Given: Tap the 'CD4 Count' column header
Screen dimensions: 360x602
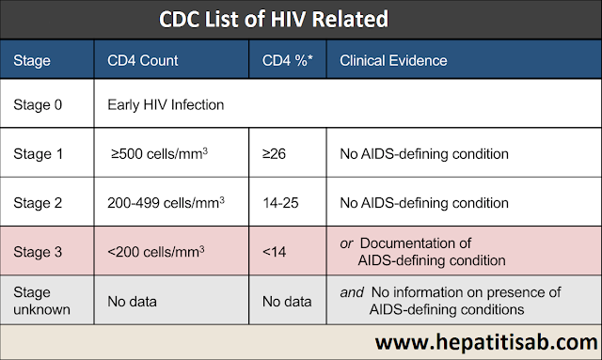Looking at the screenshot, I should [x=143, y=61].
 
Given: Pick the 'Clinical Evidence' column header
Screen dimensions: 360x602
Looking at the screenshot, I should [x=393, y=61].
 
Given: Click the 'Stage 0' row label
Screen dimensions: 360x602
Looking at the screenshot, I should [x=39, y=105].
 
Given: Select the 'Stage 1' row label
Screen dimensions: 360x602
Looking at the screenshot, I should [x=39, y=152].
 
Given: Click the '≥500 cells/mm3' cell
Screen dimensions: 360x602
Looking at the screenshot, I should [x=159, y=152].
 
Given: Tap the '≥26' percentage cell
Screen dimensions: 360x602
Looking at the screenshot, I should [x=277, y=152].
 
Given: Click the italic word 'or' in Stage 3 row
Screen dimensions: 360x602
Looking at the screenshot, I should [x=346, y=243].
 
